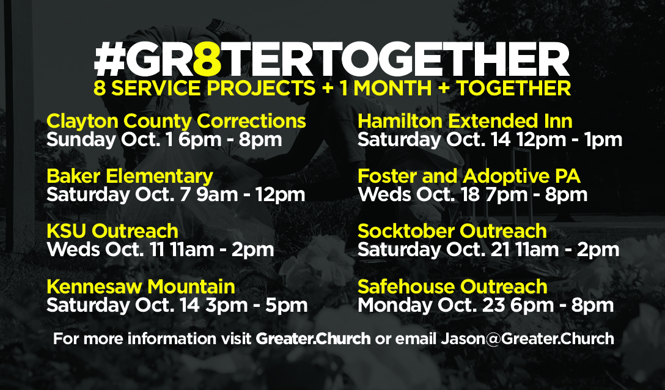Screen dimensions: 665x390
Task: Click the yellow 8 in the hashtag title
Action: pyautogui.click(x=207, y=59)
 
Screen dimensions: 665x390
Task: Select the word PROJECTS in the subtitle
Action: pyautogui.click(x=261, y=88)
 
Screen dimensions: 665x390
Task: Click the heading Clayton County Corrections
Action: pyautogui.click(x=176, y=122)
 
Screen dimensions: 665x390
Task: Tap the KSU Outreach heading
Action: pyautogui.click(x=112, y=231)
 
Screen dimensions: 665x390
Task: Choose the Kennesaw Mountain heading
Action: pyautogui.click(x=141, y=287)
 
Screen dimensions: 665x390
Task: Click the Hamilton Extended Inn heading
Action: pyautogui.click(x=465, y=122)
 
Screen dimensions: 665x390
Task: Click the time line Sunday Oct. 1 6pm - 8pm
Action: pyautogui.click(x=164, y=140)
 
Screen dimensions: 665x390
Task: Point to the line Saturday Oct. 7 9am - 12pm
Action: pyautogui.click(x=176, y=195)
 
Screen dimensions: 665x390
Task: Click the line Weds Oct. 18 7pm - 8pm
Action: pyautogui.click(x=472, y=195)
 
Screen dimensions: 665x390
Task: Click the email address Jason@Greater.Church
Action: pyautogui.click(x=527, y=339)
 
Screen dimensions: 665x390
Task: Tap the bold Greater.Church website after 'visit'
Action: pyautogui.click(x=313, y=339)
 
